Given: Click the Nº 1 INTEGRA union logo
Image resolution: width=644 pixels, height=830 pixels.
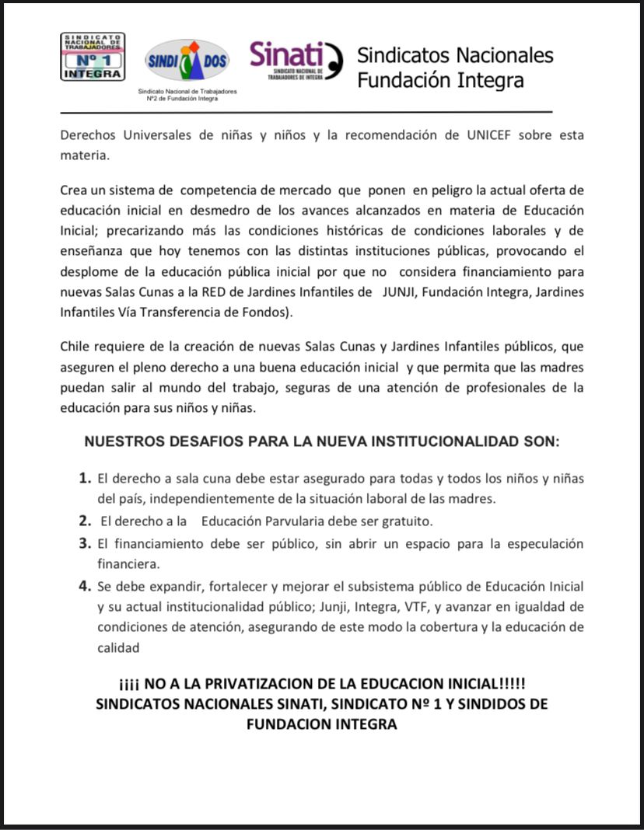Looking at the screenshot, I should (x=93, y=57).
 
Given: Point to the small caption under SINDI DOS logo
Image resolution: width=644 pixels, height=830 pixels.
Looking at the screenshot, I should (x=187, y=95).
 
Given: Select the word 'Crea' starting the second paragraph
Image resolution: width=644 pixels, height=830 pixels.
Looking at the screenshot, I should (x=75, y=190).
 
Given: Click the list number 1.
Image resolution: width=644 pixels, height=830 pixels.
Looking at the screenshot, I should (x=86, y=477).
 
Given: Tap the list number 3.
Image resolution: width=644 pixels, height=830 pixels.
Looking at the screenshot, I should (x=86, y=542).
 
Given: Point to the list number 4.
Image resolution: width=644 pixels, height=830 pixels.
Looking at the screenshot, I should (x=86, y=585).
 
